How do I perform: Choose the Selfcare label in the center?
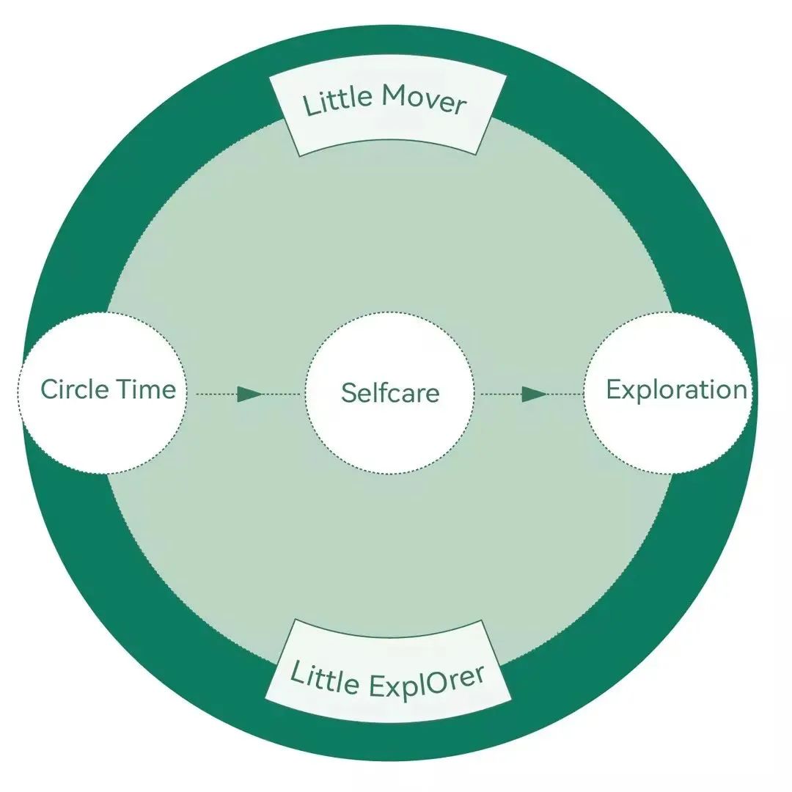coord(389,392)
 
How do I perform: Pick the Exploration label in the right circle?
coord(676,389)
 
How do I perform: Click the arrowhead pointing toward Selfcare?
coord(249,395)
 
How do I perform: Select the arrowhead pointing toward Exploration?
coord(534,395)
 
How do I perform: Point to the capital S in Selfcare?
coord(348,392)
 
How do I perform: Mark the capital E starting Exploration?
coord(614,389)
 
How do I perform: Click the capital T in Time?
coord(125,389)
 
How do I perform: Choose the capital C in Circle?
coord(50,389)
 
